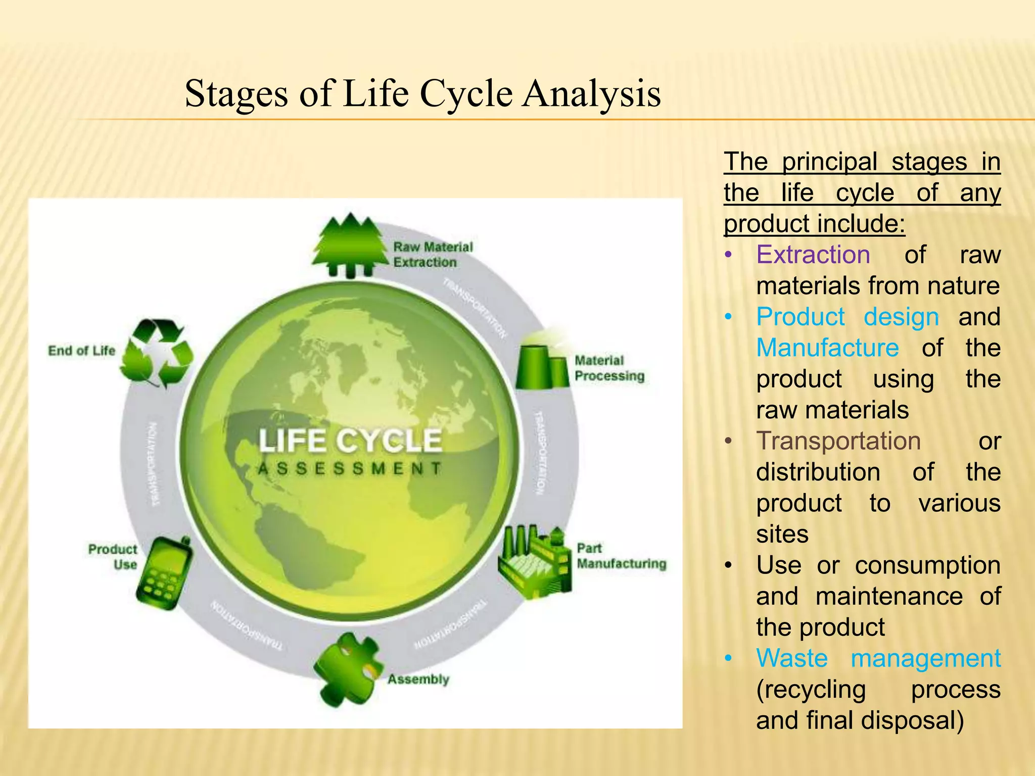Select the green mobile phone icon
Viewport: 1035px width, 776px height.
[x=165, y=573]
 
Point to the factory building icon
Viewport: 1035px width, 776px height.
[x=535, y=561]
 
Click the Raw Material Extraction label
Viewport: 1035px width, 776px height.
[x=433, y=254]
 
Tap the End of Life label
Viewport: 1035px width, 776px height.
[x=81, y=350]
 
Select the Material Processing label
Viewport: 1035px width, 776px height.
[x=609, y=368]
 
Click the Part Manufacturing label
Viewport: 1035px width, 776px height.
[x=621, y=556]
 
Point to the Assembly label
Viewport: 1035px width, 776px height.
[x=418, y=679]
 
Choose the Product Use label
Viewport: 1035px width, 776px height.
[x=113, y=556]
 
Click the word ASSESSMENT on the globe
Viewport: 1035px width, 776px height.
[x=350, y=468]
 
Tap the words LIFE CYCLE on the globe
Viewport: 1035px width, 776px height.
[x=350, y=440]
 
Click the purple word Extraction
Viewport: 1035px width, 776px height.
[x=813, y=255]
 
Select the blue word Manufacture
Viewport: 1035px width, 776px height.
[x=827, y=348]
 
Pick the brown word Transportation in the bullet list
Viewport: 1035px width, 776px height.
[x=838, y=441]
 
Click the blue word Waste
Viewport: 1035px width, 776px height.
[x=792, y=658]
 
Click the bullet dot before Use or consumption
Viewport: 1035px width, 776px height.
[x=728, y=565]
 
